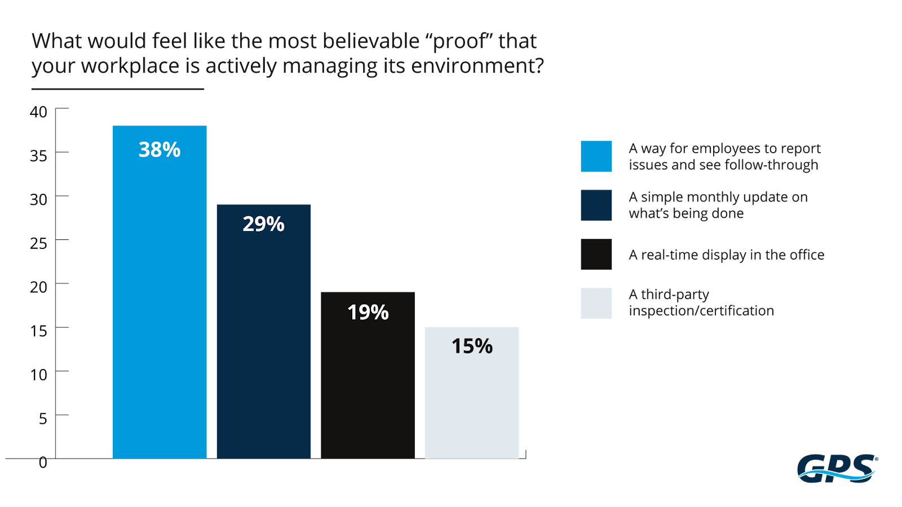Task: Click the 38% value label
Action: (160, 150)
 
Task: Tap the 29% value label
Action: (263, 224)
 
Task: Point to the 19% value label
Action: (368, 312)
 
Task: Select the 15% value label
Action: (472, 346)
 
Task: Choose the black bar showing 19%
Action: (368, 389)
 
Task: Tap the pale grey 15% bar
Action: (472, 406)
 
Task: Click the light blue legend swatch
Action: (596, 156)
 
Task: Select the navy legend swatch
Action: (596, 205)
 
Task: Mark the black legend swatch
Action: (596, 255)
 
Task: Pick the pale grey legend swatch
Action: (596, 303)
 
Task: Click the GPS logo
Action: (837, 468)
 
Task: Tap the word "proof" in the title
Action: (459, 42)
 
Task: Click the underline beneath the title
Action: (117, 89)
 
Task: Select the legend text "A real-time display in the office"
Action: (726, 255)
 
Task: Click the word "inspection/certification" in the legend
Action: (701, 311)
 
